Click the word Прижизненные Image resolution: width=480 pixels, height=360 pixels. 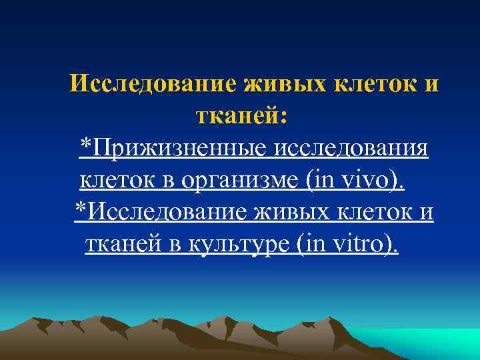(179, 147)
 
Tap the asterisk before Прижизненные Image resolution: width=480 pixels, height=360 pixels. (85, 143)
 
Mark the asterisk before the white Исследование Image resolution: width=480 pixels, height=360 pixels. (80, 207)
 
